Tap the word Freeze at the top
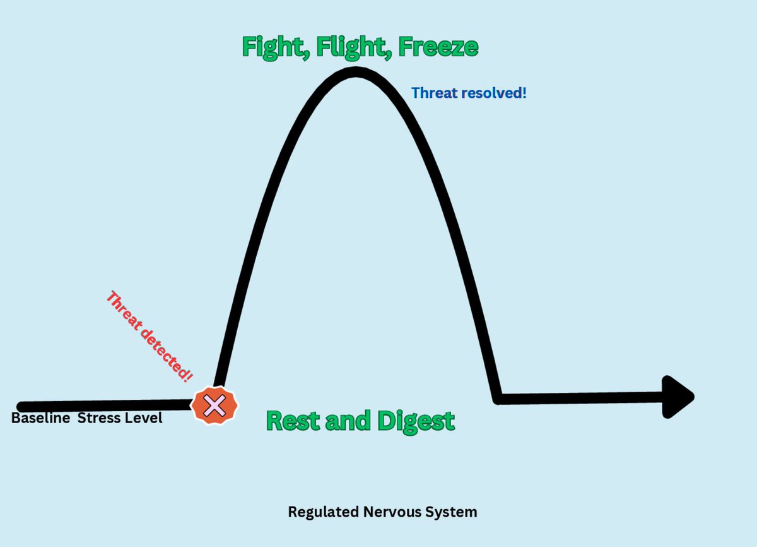tap(438, 47)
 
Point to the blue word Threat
tap(435, 93)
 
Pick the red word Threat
tap(124, 310)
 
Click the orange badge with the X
tap(214, 406)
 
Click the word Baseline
tap(40, 418)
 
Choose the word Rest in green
tap(293, 421)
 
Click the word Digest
tap(416, 421)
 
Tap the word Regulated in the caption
tap(323, 512)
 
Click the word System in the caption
tap(451, 512)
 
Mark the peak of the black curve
tap(356, 72)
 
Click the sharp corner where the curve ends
tap(497, 399)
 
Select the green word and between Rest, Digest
tap(348, 421)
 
